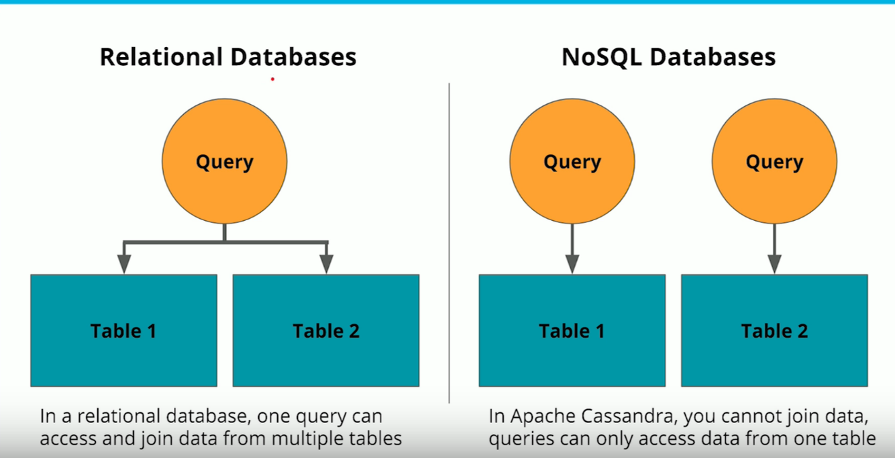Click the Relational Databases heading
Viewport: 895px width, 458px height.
[228, 57]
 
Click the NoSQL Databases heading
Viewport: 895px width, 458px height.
[668, 57]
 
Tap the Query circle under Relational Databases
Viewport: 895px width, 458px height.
[224, 162]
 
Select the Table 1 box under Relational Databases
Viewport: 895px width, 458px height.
[123, 330]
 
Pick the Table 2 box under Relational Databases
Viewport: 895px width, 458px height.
[326, 330]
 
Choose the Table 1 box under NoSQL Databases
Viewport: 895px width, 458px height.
[572, 330]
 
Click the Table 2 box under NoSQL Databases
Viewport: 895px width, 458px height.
[774, 330]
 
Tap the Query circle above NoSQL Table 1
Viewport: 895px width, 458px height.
[572, 162]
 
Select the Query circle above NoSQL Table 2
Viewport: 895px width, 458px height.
[774, 162]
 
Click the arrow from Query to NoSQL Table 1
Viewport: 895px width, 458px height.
[572, 248]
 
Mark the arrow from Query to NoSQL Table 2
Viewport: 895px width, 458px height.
[774, 248]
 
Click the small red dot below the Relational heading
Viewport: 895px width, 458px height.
[272, 79]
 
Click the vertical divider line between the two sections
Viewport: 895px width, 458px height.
[449, 242]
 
